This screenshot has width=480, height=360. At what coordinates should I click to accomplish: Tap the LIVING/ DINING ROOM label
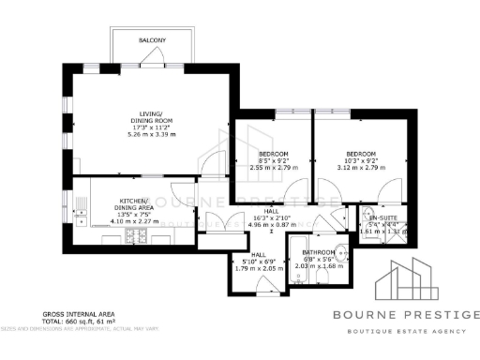click(x=152, y=119)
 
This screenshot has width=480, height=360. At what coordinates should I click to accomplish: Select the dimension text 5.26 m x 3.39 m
click(x=152, y=133)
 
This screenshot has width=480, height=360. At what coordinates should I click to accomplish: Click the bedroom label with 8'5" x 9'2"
click(x=274, y=154)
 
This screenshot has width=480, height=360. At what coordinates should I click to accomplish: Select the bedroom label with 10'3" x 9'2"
click(x=360, y=154)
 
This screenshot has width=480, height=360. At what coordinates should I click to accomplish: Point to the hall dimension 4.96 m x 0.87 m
click(x=272, y=225)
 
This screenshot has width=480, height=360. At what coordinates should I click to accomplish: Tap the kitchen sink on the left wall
click(x=81, y=215)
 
